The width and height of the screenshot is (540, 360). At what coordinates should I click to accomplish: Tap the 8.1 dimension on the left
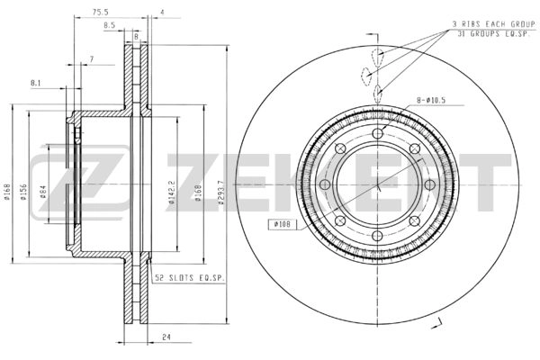[x=36, y=83]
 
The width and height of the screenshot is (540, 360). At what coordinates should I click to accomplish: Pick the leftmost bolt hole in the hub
[x=322, y=185]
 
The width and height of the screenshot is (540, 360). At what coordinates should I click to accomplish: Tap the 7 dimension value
[x=91, y=59]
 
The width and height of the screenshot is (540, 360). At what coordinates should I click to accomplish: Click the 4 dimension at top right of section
[x=161, y=13]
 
